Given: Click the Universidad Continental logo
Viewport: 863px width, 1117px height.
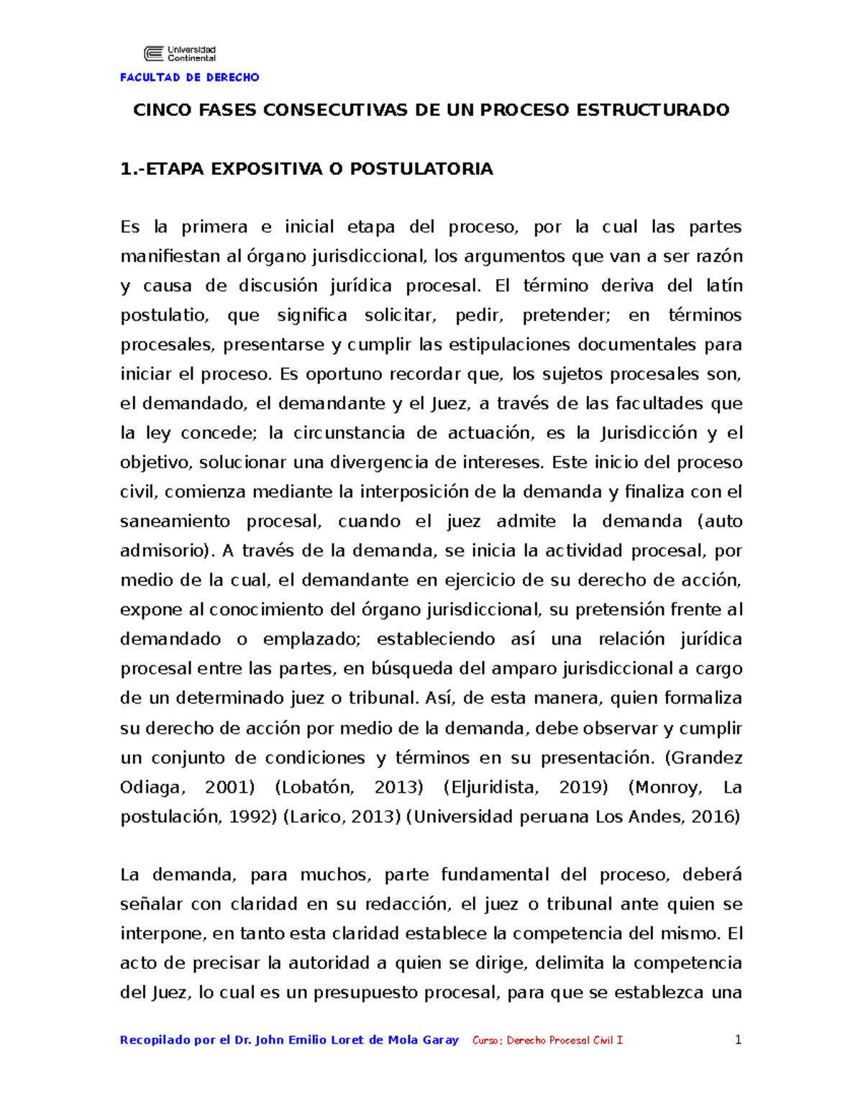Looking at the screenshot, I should click(x=180, y=53).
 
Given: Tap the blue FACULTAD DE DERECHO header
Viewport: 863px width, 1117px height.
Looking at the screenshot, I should click(x=189, y=77).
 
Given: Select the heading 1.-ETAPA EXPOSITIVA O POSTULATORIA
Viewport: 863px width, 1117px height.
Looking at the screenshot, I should click(x=306, y=169).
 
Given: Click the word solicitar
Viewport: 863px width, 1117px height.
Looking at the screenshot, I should click(x=400, y=315).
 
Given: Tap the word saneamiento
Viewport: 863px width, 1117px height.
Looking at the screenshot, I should click(x=175, y=521).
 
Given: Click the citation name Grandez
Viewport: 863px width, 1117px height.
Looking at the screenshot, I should click(x=708, y=758).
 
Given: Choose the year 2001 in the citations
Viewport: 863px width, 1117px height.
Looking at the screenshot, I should click(x=229, y=788).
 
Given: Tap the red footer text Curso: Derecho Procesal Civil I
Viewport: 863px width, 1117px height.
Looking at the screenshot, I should click(x=547, y=1040).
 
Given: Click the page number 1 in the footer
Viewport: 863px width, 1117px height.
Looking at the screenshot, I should click(x=737, y=1039).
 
